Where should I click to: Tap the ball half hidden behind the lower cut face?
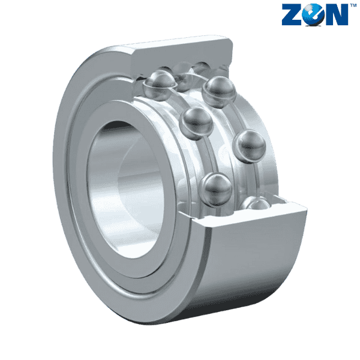coord(257,205)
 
